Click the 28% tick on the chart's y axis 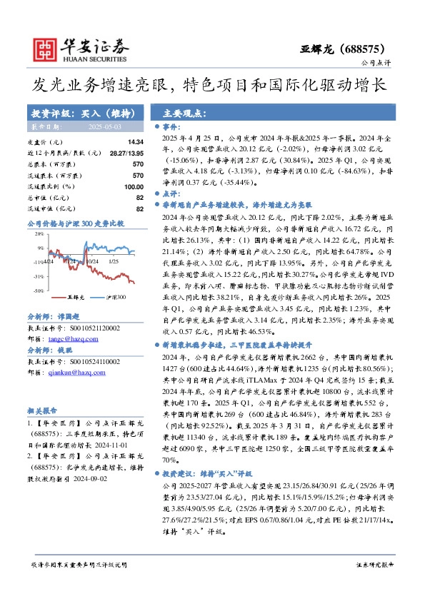pyautogui.click(x=39, y=236)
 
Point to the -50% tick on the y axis pyautogui.click(x=39, y=291)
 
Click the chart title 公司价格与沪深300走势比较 pyautogui.click(x=76, y=223)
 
